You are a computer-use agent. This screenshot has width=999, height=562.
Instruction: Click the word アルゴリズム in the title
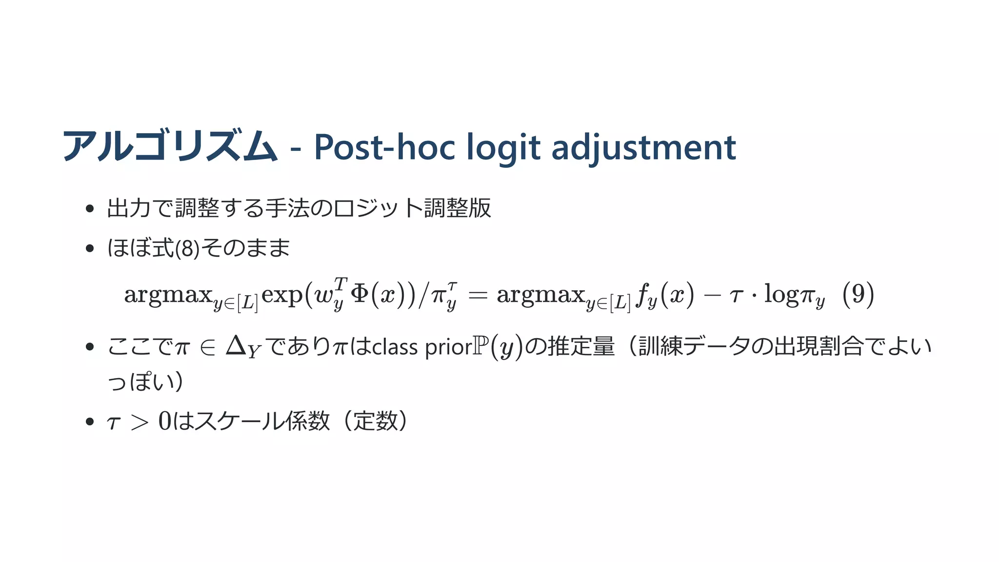[170, 146]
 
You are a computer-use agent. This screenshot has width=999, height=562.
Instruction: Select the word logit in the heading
[503, 147]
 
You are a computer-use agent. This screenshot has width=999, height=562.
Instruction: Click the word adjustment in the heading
[643, 147]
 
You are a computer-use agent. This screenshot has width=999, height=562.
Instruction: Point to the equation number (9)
[858, 294]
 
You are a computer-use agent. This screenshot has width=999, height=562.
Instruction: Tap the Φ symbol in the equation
[360, 294]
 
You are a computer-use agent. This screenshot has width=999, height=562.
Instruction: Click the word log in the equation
[782, 295]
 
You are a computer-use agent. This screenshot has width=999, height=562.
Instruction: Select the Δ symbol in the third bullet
[236, 346]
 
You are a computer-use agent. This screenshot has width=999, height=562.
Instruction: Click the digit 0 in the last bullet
[165, 421]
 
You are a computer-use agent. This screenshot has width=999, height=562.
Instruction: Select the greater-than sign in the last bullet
[140, 422]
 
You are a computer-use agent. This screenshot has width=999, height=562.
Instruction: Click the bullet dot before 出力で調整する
[89, 209]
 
